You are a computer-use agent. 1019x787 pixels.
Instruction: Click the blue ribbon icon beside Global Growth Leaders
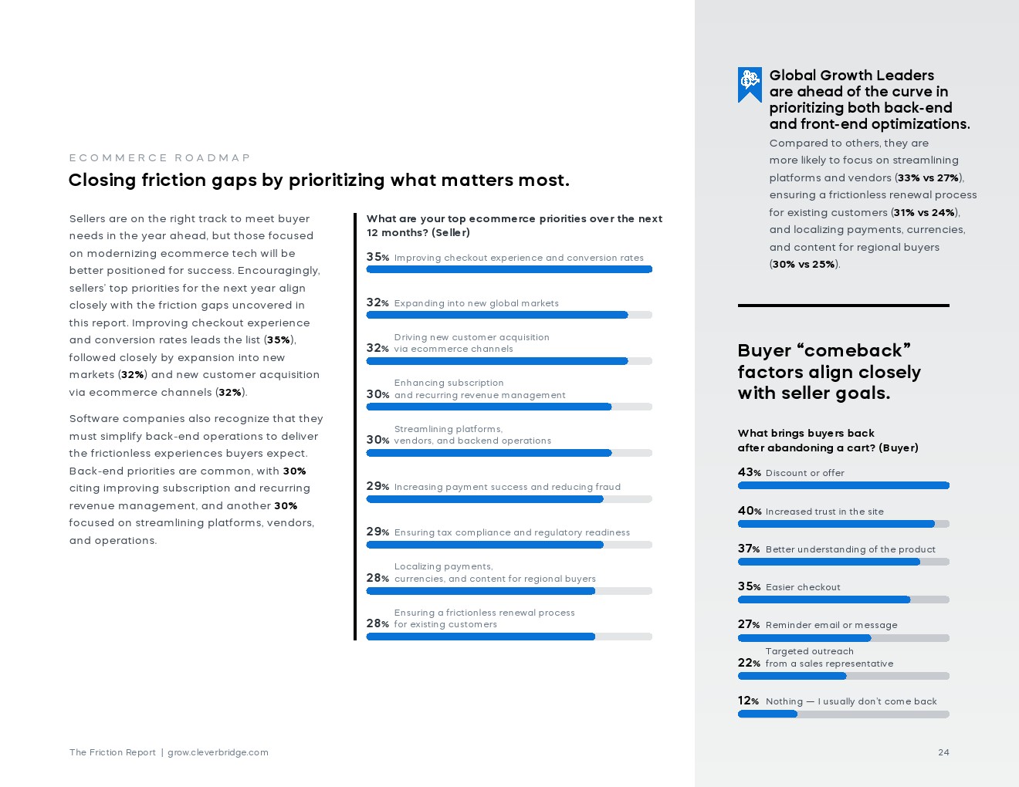[750, 83]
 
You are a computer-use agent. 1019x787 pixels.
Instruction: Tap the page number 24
[943, 752]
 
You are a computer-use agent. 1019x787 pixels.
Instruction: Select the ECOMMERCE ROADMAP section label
[160, 158]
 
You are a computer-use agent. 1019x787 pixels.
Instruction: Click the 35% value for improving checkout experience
[377, 258]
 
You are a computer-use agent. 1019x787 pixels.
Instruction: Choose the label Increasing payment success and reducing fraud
[507, 487]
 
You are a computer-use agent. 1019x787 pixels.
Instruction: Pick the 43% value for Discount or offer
[749, 472]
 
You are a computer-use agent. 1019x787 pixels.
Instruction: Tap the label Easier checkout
[803, 587]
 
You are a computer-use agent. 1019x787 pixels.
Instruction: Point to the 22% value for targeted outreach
[749, 663]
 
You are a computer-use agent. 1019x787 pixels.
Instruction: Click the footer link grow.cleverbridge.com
[218, 752]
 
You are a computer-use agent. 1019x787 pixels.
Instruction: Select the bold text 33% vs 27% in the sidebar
[928, 177]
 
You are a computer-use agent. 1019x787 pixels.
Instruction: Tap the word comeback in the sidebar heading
[853, 350]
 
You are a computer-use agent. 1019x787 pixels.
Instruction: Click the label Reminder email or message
[831, 625]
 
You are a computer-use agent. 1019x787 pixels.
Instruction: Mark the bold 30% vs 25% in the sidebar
[804, 264]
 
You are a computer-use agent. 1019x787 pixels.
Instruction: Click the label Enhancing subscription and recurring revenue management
[479, 389]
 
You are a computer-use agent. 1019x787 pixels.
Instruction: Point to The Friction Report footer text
[113, 752]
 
